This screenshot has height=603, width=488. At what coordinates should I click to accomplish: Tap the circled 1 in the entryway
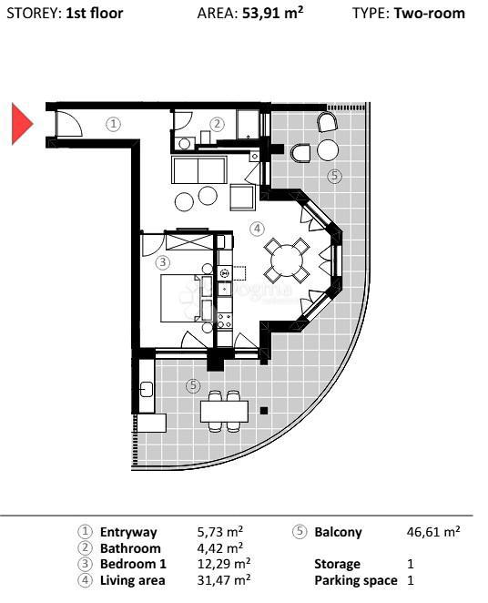[113, 124]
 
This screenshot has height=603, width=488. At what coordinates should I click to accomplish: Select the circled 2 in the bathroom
[217, 124]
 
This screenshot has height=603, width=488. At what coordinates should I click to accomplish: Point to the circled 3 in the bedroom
[163, 262]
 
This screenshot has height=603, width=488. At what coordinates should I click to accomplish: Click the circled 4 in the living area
[258, 228]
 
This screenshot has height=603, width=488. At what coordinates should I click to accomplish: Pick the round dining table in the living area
[287, 260]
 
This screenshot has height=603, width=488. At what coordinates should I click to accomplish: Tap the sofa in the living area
[199, 169]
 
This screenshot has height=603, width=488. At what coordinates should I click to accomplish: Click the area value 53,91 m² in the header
[273, 14]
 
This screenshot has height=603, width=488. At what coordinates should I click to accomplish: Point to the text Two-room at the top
[429, 14]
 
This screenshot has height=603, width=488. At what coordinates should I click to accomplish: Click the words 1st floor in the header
[95, 14]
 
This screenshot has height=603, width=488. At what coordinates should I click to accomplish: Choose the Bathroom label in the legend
[130, 548]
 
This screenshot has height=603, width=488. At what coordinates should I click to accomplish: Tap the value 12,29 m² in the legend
[224, 564]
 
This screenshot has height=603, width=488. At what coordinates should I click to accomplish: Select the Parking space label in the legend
[356, 580]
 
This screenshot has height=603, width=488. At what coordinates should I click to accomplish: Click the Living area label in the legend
[133, 579]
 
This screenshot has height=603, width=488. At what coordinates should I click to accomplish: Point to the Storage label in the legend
[337, 564]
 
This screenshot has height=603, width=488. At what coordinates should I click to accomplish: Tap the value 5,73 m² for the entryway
[220, 532]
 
